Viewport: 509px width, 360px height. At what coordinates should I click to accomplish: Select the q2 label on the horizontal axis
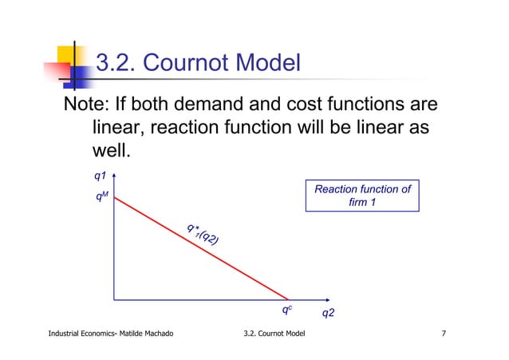pos(328,313)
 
